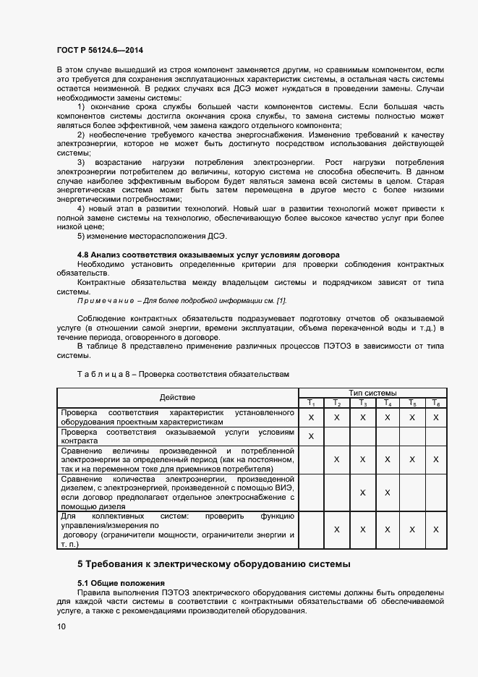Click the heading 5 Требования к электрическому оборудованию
point(213,563)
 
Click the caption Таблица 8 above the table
point(182,375)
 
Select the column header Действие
point(177,397)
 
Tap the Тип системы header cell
point(372,392)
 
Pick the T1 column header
point(311,403)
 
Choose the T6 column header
point(435,403)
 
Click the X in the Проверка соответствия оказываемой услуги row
point(311,436)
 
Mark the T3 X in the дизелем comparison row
point(362,493)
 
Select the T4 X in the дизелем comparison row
point(387,493)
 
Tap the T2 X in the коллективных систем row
point(336,529)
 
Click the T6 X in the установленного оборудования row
point(435,417)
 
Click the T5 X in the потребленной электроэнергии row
point(411,459)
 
